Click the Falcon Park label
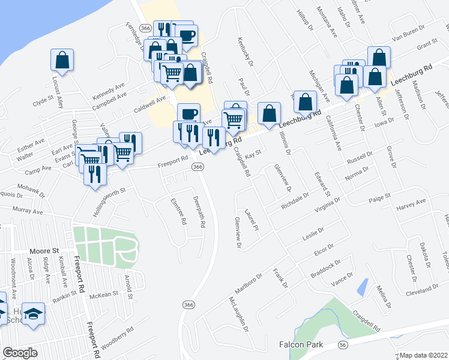tap(301, 344)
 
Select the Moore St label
tap(45, 251)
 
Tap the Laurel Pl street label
tap(252, 220)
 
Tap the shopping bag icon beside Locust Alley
tap(62, 59)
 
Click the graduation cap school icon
tap(34, 313)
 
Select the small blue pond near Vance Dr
tap(362, 287)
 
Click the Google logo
tap(19, 353)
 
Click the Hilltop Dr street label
tap(306, 19)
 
